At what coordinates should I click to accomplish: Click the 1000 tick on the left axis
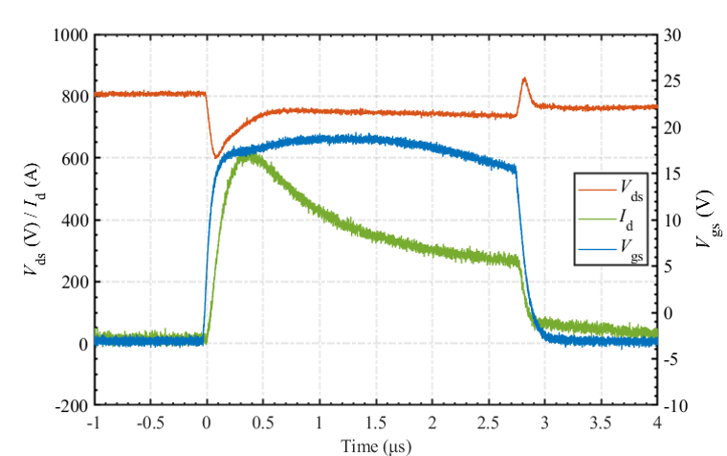(x=73, y=35)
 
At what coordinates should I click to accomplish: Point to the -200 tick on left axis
(x=73, y=405)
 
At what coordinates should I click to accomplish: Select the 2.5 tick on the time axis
(x=489, y=422)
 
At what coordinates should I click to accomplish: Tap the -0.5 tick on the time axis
(x=150, y=422)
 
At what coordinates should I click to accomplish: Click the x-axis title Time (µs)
(x=376, y=445)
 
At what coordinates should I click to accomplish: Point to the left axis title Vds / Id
(x=33, y=220)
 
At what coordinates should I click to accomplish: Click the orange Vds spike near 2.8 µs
(x=524, y=80)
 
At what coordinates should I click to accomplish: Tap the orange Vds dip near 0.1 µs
(x=216, y=156)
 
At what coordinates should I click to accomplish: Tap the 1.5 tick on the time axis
(x=376, y=422)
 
